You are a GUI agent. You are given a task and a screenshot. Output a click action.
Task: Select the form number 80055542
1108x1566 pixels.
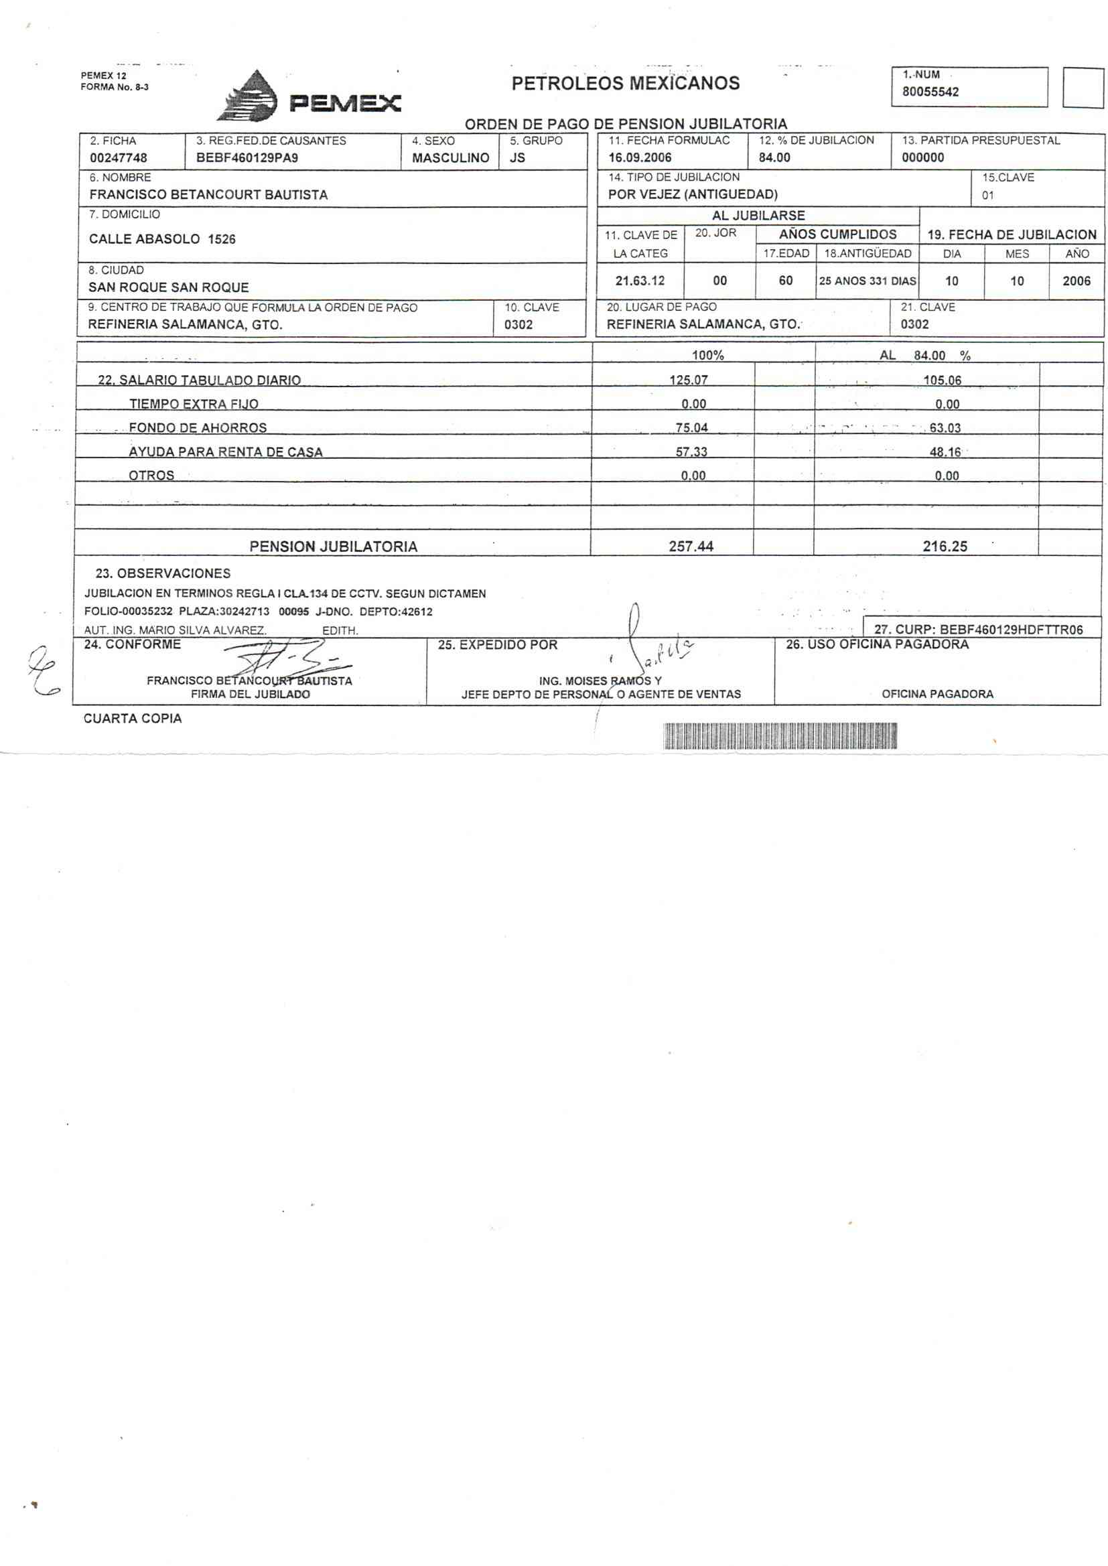point(930,92)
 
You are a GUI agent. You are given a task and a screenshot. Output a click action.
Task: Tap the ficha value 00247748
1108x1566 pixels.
point(119,158)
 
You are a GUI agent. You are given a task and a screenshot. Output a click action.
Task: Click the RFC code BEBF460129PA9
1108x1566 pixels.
point(247,158)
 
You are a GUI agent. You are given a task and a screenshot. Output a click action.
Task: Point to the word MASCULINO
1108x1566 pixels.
point(450,158)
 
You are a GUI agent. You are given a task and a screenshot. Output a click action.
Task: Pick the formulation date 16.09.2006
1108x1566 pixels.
point(640,157)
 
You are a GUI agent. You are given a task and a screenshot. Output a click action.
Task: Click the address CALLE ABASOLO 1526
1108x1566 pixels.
point(162,239)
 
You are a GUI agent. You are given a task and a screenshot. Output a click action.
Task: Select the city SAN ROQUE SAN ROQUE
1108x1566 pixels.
point(169,287)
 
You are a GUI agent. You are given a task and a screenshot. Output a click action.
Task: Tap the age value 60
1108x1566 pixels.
point(785,281)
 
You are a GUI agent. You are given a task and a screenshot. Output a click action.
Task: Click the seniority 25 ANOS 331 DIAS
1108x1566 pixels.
point(867,281)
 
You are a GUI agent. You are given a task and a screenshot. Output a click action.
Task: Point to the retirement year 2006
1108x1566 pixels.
point(1076,281)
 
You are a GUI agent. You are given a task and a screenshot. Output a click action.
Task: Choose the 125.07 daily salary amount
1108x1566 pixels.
point(689,380)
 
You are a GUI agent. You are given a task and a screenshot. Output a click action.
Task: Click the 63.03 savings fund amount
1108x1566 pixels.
point(945,428)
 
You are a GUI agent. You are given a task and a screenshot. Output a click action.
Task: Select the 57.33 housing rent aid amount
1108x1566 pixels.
point(691,451)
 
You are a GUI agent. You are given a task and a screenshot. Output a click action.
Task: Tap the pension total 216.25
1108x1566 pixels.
point(945,547)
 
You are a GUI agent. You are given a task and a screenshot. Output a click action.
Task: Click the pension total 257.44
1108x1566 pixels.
point(691,547)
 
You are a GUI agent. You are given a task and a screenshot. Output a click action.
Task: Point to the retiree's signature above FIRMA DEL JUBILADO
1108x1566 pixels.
point(287,659)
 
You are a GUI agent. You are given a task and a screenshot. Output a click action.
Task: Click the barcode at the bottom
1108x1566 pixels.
point(780,737)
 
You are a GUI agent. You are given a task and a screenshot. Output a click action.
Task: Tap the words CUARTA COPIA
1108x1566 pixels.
point(133,719)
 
